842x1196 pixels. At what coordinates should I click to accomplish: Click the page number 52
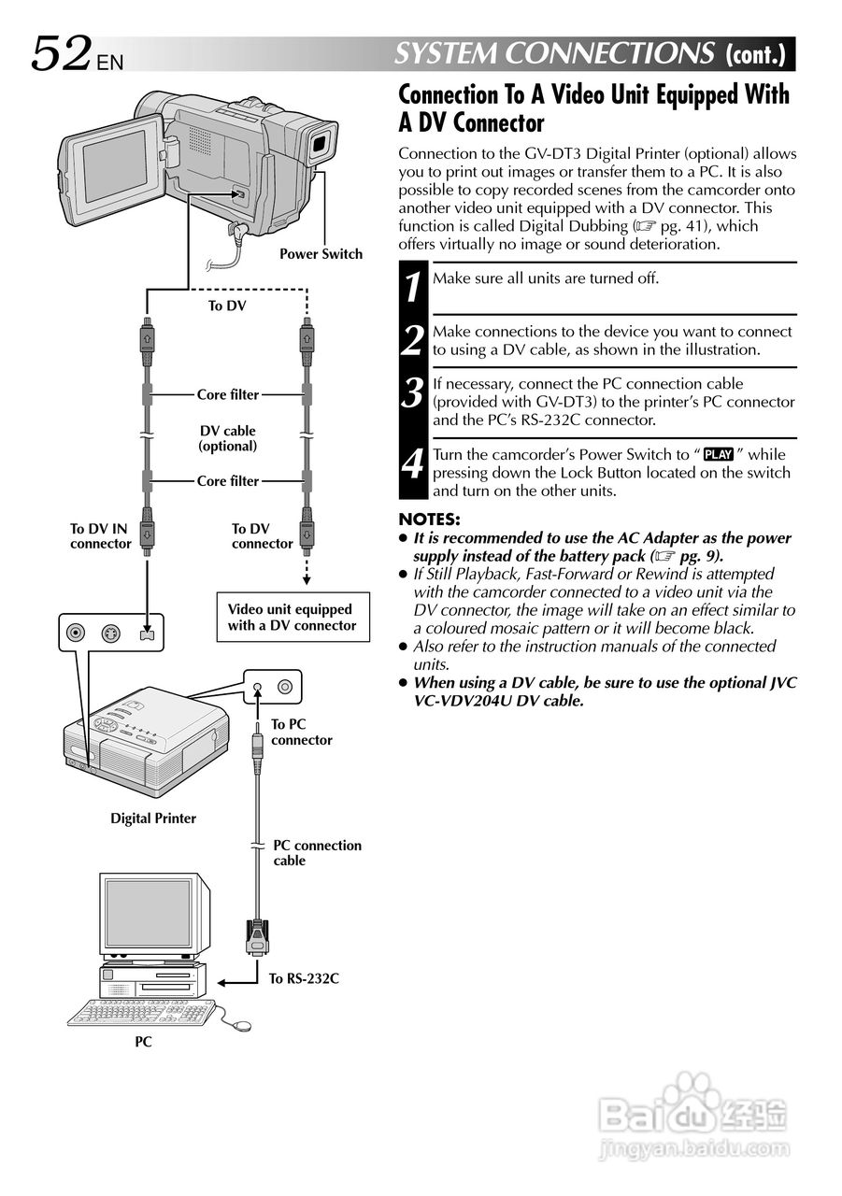click(x=63, y=53)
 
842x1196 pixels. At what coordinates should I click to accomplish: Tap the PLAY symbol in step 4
click(x=719, y=455)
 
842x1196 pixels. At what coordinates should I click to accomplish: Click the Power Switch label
click(x=321, y=254)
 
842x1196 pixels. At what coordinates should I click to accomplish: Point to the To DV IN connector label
click(x=100, y=536)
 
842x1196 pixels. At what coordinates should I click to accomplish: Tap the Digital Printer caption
click(x=153, y=819)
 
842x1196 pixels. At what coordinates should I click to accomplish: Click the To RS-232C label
click(x=304, y=979)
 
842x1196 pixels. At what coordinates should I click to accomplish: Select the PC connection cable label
click(x=317, y=852)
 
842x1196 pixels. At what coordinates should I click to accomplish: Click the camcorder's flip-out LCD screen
click(x=114, y=165)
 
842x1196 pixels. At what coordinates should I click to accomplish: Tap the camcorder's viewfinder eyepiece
click(x=320, y=142)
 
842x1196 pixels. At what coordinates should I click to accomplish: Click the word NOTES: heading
click(x=429, y=520)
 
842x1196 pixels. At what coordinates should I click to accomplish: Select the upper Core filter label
click(x=227, y=395)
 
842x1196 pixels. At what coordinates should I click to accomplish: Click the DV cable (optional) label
click(x=227, y=438)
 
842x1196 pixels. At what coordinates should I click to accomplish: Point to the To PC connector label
click(x=301, y=732)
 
